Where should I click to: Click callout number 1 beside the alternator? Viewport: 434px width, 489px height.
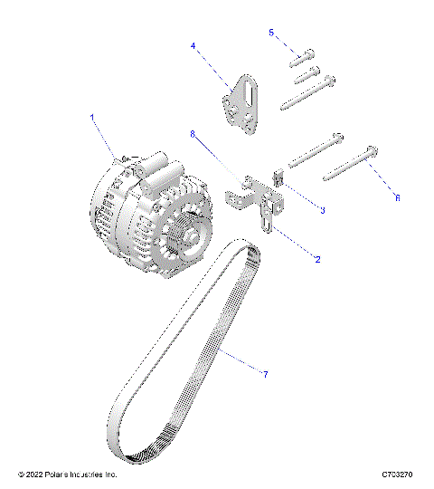click(91, 118)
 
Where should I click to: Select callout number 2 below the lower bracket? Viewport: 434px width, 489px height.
click(316, 259)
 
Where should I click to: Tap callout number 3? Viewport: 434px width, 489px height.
click(322, 210)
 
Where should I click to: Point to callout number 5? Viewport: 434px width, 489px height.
click(271, 33)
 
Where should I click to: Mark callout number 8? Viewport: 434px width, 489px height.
click(192, 134)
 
